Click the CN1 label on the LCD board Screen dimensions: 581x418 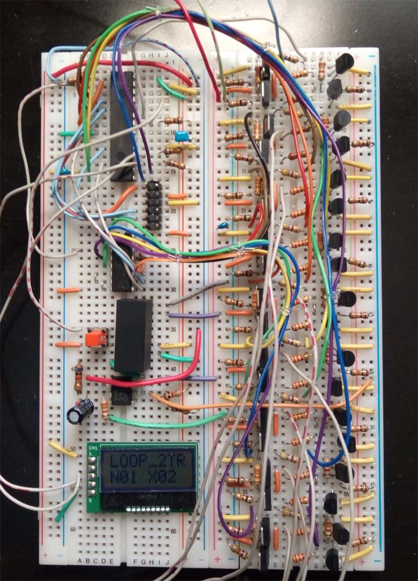tap(92, 448)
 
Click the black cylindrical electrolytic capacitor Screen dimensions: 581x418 tap(80, 411)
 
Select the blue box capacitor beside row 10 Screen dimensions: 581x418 tap(183, 137)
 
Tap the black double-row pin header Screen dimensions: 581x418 tap(153, 204)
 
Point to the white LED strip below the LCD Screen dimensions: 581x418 tap(149, 510)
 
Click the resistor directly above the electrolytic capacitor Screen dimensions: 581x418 tap(78, 376)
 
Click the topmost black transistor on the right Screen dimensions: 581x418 tap(344, 63)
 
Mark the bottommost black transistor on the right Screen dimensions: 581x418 tap(333, 559)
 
